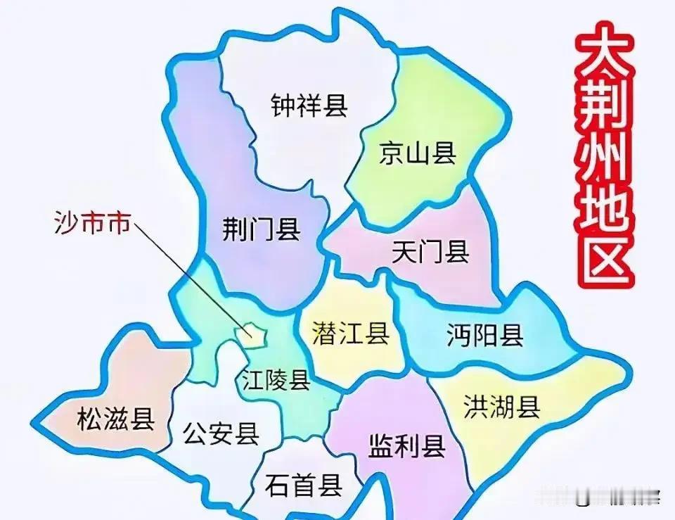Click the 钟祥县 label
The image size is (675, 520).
pyautogui.click(x=309, y=106)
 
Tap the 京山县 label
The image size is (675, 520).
pyautogui.click(x=418, y=153)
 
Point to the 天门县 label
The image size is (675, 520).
pyautogui.click(x=430, y=251)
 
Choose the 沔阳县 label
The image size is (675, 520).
pyautogui.click(x=485, y=336)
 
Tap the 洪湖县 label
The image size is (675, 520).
pyautogui.click(x=502, y=406)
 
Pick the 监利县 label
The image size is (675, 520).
pyautogui.click(x=406, y=445)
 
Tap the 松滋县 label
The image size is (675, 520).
pyautogui.click(x=116, y=419)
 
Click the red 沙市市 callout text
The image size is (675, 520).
pyautogui.click(x=92, y=224)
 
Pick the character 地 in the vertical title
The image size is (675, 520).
pyautogui.click(x=603, y=211)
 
